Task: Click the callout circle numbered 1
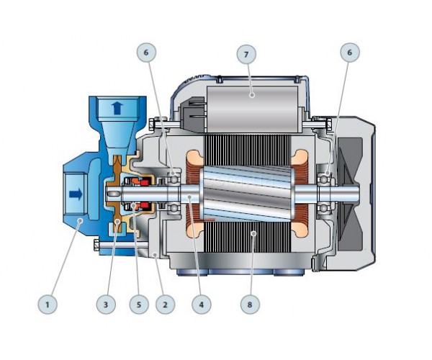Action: click(48, 305)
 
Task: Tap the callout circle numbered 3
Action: click(106, 305)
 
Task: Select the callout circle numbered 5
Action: click(139, 305)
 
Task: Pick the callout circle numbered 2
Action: click(166, 305)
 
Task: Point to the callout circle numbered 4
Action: click(202, 305)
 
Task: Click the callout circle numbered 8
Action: click(250, 305)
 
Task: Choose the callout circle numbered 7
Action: click(246, 54)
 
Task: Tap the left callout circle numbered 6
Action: click(146, 52)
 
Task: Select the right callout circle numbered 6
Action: click(350, 52)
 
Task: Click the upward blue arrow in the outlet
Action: click(117, 108)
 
